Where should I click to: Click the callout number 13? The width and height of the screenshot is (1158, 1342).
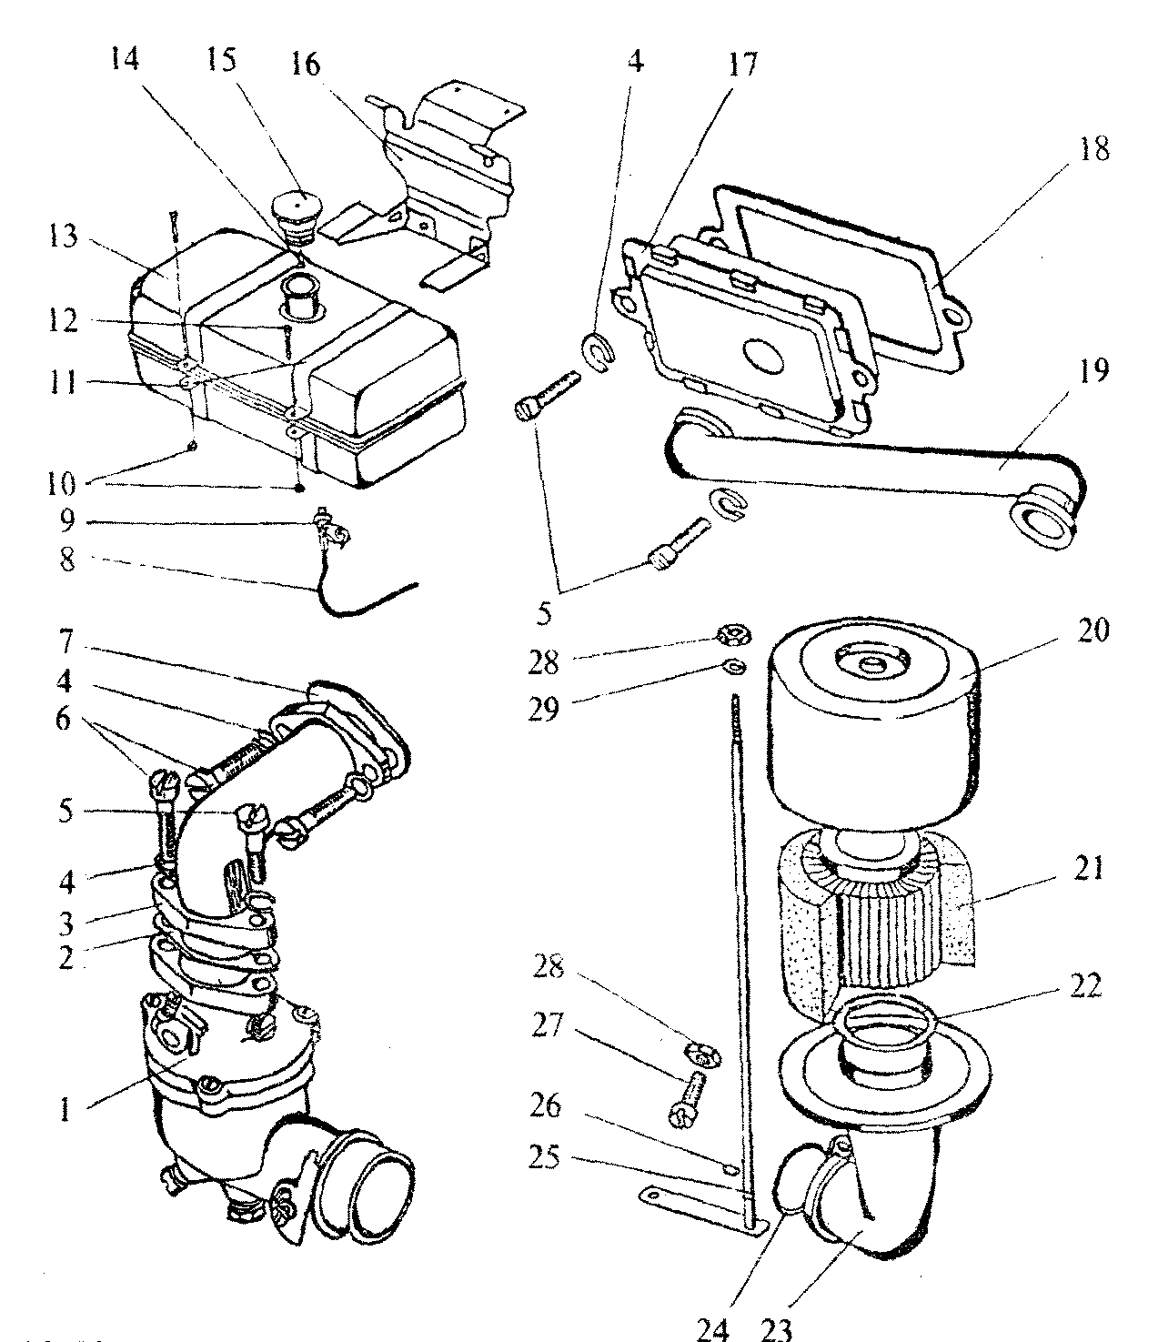click(63, 239)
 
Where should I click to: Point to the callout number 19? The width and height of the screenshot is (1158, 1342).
click(1095, 372)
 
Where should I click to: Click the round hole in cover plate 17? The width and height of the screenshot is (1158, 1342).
click(762, 357)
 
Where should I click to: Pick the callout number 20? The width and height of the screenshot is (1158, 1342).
click(1095, 631)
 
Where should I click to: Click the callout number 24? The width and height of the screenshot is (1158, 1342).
click(714, 1327)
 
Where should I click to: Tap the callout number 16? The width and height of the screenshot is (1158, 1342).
click(307, 66)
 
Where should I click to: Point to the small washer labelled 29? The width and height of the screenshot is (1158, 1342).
click(734, 669)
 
